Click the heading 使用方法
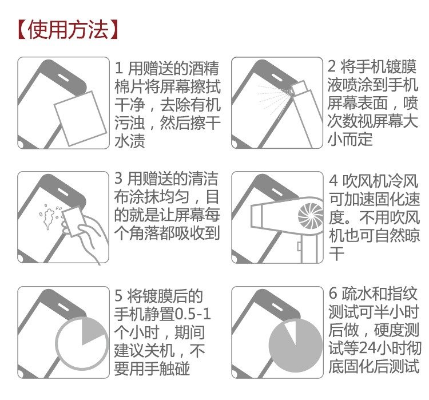point(69,29)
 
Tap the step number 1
point(119,68)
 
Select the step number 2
point(332,66)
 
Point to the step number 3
point(118,178)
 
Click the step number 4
point(333,180)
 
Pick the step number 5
point(118,296)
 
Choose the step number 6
point(333,293)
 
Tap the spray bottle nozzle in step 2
point(299,88)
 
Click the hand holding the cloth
point(88,233)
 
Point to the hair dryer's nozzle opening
point(256,216)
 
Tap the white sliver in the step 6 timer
point(291,332)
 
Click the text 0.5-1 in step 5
point(193,314)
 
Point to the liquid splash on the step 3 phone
point(49,216)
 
